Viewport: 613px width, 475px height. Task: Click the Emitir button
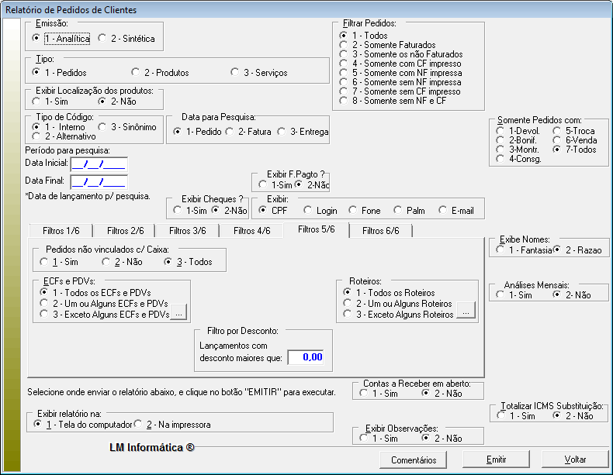[496, 460]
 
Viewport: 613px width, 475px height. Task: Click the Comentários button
[414, 460]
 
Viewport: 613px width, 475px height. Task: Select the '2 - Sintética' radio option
[103, 39]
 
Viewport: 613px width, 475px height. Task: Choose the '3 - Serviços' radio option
[235, 73]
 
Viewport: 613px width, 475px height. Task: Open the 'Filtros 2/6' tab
[124, 230]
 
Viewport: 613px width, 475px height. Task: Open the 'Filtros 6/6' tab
[380, 230]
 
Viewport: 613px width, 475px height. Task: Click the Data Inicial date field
[98, 163]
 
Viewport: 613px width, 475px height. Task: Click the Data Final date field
[98, 182]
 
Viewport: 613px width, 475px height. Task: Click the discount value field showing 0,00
[306, 357]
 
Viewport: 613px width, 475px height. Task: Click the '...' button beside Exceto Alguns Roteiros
[466, 313]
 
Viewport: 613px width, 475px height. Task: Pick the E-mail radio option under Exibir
[443, 210]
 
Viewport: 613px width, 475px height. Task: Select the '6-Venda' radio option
[557, 140]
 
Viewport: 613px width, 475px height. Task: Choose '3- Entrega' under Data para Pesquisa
[282, 132]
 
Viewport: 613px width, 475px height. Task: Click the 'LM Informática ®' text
[153, 447]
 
